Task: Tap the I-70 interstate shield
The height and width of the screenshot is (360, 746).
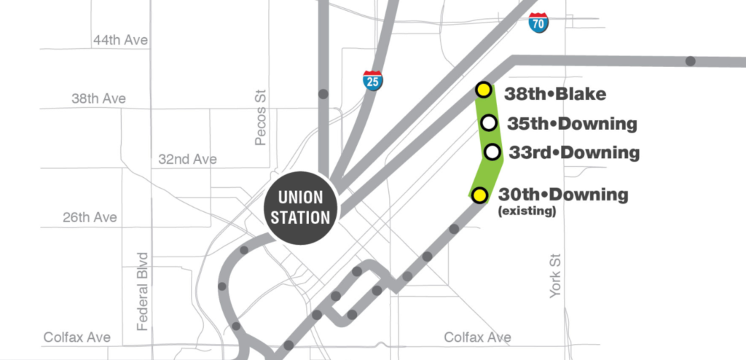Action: (x=539, y=23)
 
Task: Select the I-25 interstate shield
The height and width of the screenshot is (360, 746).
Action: (x=373, y=79)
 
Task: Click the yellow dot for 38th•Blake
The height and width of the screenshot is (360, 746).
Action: (x=482, y=90)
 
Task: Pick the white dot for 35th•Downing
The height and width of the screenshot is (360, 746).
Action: (x=490, y=122)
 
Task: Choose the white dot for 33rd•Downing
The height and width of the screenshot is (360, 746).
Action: (x=492, y=152)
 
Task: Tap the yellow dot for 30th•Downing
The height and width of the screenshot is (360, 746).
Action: (x=479, y=195)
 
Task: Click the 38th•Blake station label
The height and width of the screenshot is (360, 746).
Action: (x=555, y=93)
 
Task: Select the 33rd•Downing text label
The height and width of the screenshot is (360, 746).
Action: (x=573, y=153)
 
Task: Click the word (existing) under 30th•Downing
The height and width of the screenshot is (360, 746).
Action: (x=527, y=212)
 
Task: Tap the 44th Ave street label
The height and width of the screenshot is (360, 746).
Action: (x=120, y=40)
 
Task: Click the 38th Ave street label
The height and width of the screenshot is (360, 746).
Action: (x=98, y=98)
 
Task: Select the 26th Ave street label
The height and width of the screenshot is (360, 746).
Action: (x=89, y=217)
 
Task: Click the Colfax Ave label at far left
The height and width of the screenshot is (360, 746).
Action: (x=76, y=337)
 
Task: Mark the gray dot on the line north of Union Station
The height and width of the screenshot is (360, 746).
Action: (x=323, y=93)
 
